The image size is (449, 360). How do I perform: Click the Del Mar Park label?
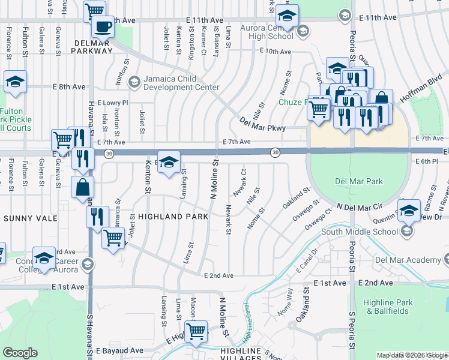coord(359,182)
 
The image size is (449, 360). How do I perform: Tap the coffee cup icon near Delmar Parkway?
coord(102,27)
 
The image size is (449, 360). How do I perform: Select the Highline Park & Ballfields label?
coord(387,307)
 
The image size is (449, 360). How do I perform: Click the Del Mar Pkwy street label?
coord(262,124)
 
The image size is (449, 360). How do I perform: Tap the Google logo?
coord(20,353)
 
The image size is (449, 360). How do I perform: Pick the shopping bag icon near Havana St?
coord(82,187)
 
